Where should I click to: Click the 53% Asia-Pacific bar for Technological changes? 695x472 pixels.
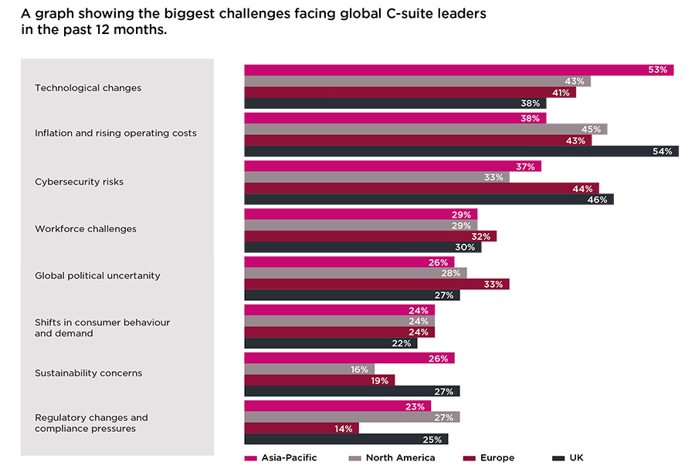point(459,70)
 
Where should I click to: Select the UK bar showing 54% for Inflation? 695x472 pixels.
point(461,151)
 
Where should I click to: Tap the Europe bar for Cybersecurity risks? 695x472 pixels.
point(422,188)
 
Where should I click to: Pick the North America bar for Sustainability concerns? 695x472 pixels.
point(309,369)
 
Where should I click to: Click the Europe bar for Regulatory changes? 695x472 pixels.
point(301,428)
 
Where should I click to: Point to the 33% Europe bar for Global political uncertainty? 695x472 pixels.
point(377,284)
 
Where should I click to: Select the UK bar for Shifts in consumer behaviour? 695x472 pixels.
point(331,343)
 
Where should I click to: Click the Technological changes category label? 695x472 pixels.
point(88,88)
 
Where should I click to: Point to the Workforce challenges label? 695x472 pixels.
point(86,229)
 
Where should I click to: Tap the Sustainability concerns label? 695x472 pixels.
point(88,373)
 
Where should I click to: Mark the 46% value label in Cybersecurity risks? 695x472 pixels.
point(598,200)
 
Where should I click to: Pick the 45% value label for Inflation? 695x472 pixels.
point(592,130)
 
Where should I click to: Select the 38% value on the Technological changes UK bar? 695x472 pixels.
point(531,103)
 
